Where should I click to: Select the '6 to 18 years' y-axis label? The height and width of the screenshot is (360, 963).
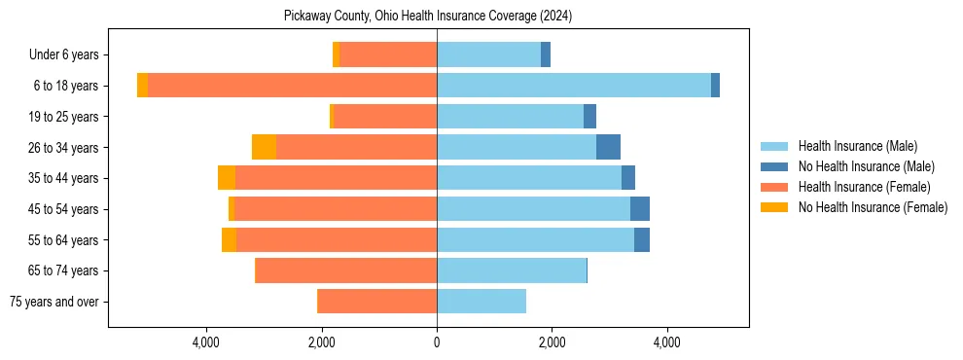click(66, 86)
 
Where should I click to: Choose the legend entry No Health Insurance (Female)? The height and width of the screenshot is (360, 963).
click(873, 207)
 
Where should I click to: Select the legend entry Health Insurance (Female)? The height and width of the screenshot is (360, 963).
click(864, 187)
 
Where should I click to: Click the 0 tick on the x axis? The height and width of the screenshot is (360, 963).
click(437, 342)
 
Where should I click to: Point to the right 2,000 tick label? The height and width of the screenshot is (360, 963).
click(552, 342)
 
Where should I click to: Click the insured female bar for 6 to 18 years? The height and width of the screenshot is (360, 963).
click(292, 86)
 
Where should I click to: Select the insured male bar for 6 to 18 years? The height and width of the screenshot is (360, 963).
click(574, 86)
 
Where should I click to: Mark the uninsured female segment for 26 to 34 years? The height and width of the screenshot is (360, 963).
click(264, 147)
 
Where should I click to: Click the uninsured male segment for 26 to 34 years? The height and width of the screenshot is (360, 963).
click(608, 147)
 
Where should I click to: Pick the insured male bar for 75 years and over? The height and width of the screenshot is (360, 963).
click(481, 302)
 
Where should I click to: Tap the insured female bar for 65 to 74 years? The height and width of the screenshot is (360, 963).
click(346, 270)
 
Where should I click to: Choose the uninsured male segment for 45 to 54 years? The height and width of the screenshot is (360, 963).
click(640, 209)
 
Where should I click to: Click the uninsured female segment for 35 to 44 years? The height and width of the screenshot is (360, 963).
click(227, 178)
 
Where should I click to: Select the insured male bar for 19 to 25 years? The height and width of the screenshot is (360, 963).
click(510, 117)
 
